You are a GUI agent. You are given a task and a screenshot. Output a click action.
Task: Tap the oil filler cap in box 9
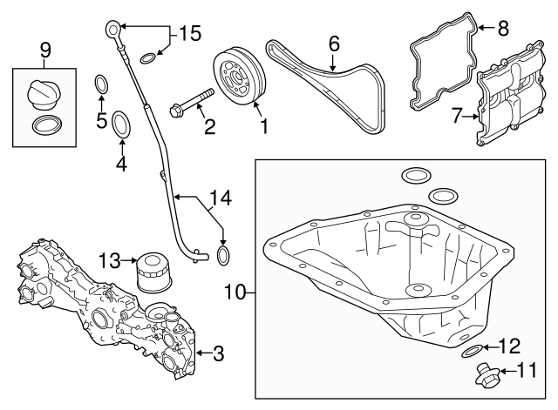[x=43, y=93]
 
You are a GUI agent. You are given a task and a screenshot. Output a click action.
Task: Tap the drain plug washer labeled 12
[x=471, y=351]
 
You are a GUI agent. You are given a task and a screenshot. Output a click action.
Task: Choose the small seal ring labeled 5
[x=101, y=84]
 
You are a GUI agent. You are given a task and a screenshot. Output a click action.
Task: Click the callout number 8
[x=502, y=29]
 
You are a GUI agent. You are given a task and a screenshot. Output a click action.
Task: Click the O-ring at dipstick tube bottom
[x=223, y=254]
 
